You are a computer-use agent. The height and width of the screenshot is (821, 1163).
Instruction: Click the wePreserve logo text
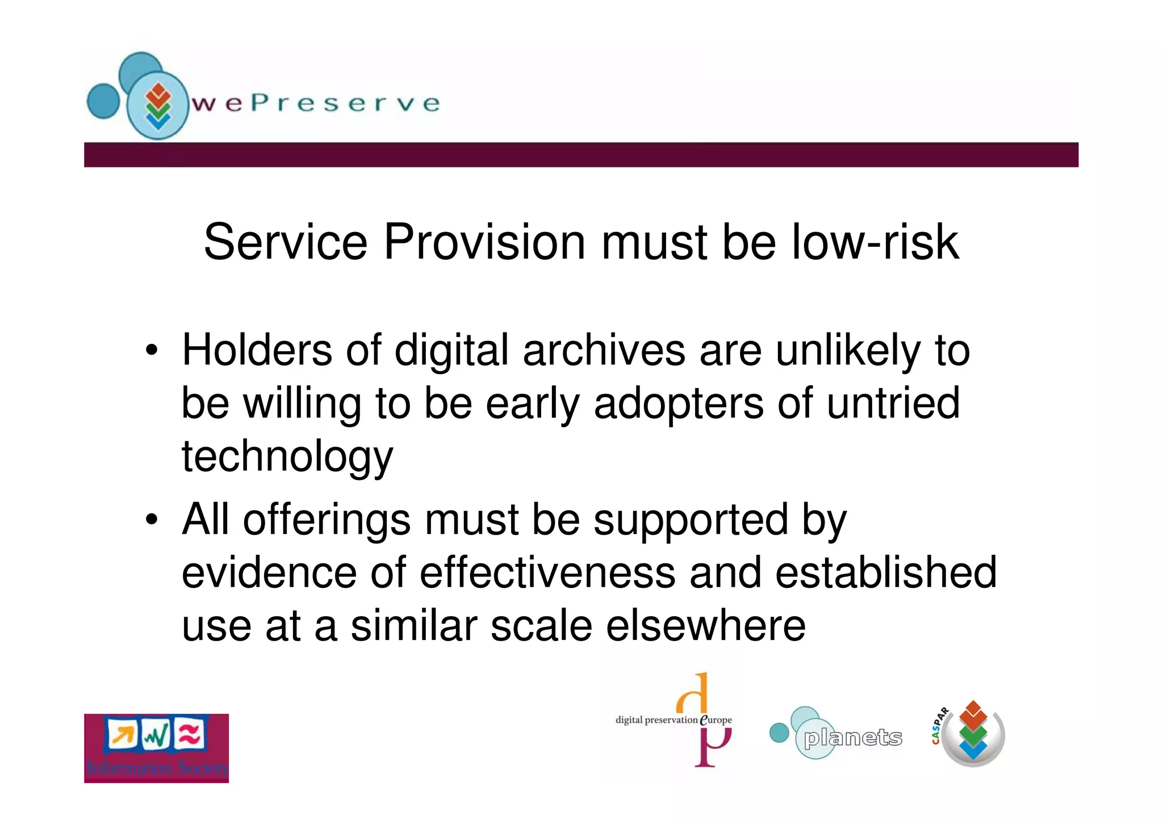tap(316, 103)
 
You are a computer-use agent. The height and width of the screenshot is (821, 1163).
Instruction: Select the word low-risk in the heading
tap(875, 242)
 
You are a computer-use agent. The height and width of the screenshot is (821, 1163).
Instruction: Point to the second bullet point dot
tap(151, 519)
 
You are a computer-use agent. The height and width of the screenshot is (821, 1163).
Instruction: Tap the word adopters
tap(679, 403)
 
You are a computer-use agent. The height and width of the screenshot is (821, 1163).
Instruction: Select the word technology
tap(287, 457)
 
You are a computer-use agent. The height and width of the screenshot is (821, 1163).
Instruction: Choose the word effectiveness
tap(547, 572)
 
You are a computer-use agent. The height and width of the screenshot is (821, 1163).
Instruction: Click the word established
tap(886, 572)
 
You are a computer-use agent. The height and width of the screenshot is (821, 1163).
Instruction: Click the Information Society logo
tap(156, 748)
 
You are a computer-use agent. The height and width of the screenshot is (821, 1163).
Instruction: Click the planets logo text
tap(852, 738)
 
